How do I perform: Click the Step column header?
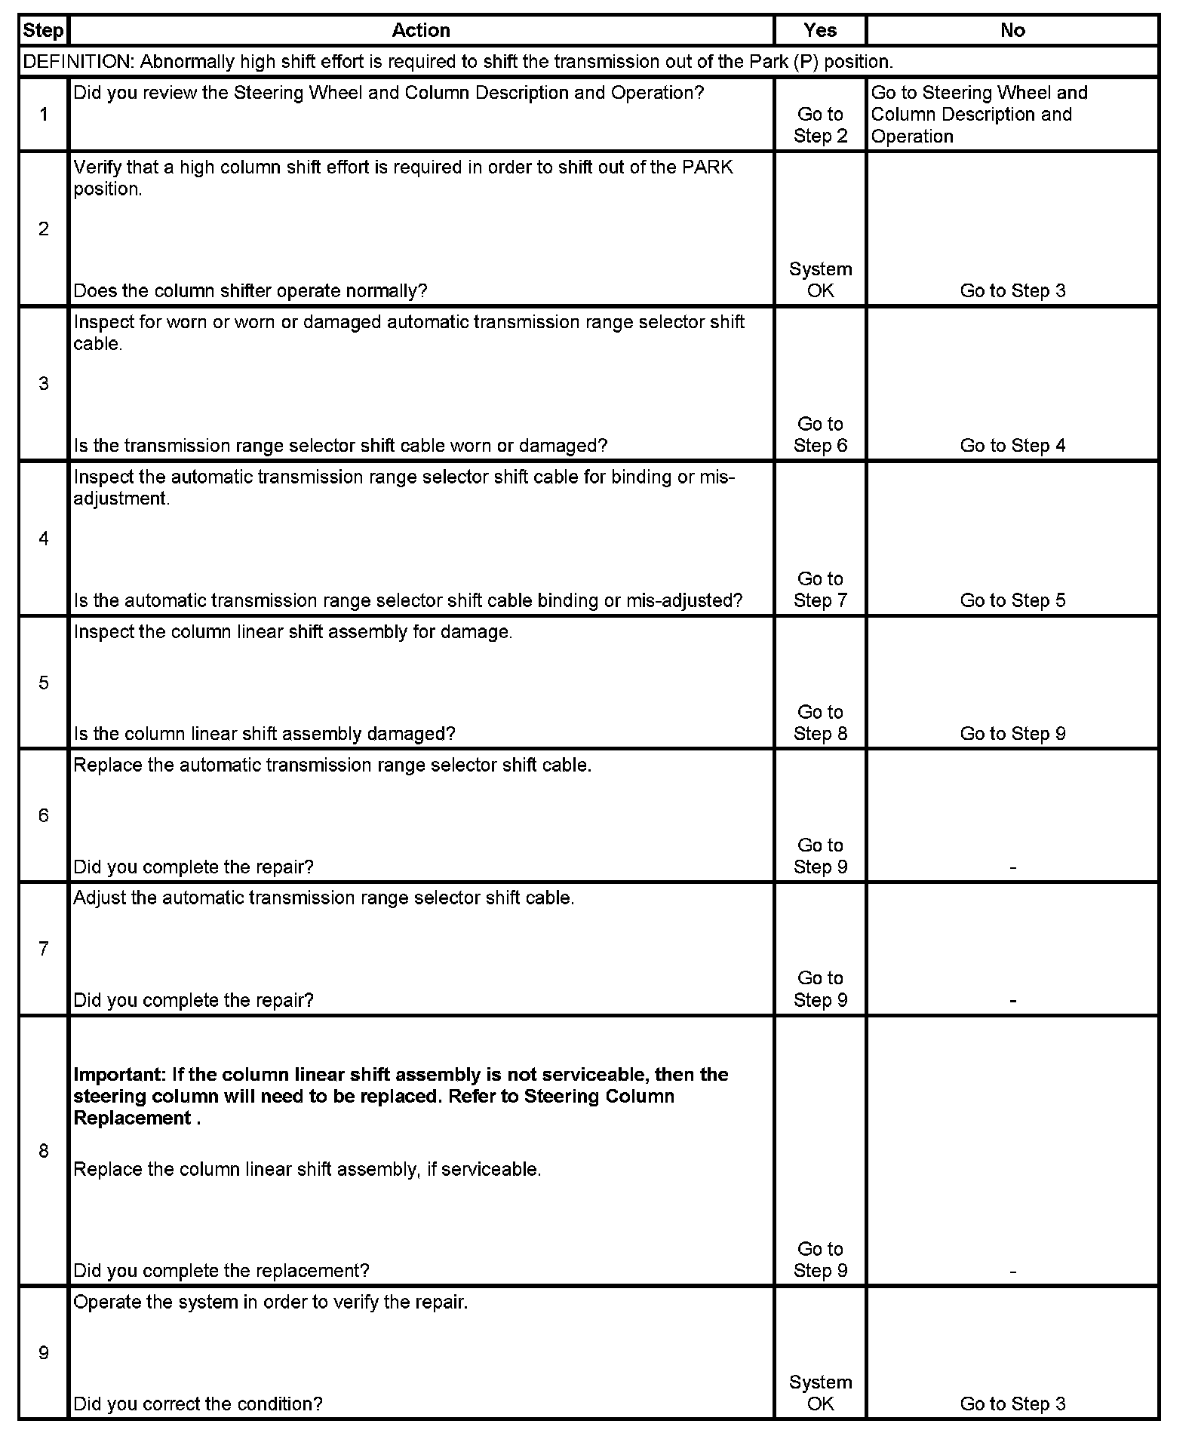[x=43, y=31]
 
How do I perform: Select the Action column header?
[x=421, y=31]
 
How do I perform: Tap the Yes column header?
[x=820, y=31]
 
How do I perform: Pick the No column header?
[x=1012, y=31]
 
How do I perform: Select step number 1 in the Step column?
[x=44, y=115]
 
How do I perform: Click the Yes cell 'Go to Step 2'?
[x=820, y=125]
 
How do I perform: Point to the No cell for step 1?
[x=978, y=115]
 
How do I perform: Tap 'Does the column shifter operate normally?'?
[x=250, y=291]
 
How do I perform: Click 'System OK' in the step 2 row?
[x=820, y=280]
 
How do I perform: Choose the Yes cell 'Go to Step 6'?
[x=820, y=434]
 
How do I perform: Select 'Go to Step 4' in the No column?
[x=1012, y=446]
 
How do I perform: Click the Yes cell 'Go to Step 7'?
[x=820, y=589]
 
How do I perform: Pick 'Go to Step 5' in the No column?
[x=1012, y=600]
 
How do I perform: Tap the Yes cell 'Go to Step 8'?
[x=820, y=723]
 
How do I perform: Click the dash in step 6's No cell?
[x=1012, y=868]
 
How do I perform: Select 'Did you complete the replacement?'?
[x=221, y=1271]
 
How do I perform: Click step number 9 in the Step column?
[x=44, y=1353]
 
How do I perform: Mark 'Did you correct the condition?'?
[x=198, y=1404]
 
